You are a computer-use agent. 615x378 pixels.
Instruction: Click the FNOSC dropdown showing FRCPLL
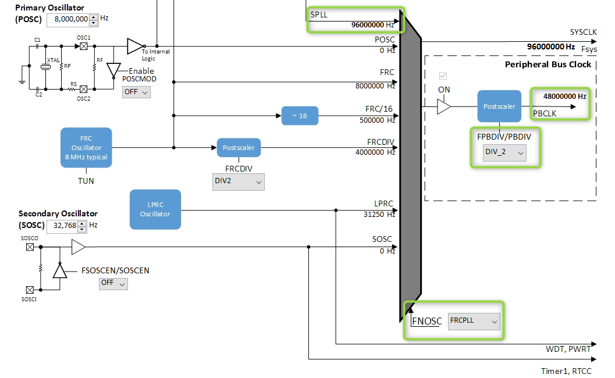click(x=474, y=321)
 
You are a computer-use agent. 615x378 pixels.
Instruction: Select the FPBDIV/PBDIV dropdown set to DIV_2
click(x=505, y=153)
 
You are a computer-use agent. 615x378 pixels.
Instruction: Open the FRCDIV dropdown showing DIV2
click(x=239, y=182)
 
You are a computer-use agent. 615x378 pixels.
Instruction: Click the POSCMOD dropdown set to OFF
click(x=136, y=91)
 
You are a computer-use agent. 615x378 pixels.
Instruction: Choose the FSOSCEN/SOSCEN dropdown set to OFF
click(x=113, y=283)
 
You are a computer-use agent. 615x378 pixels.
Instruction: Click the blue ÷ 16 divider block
click(x=300, y=116)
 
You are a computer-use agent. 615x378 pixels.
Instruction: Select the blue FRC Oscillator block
click(x=86, y=148)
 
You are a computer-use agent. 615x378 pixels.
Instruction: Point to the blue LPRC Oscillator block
click(x=155, y=209)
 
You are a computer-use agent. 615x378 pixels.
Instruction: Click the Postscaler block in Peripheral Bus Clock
click(x=499, y=106)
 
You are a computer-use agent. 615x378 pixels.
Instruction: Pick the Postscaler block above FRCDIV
click(x=239, y=148)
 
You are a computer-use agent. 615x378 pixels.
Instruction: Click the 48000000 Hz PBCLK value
click(x=564, y=96)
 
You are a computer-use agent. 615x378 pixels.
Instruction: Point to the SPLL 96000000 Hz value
click(x=372, y=26)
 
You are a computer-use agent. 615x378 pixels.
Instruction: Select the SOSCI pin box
click(x=30, y=290)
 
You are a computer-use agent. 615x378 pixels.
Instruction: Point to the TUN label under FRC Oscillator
click(x=86, y=181)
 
